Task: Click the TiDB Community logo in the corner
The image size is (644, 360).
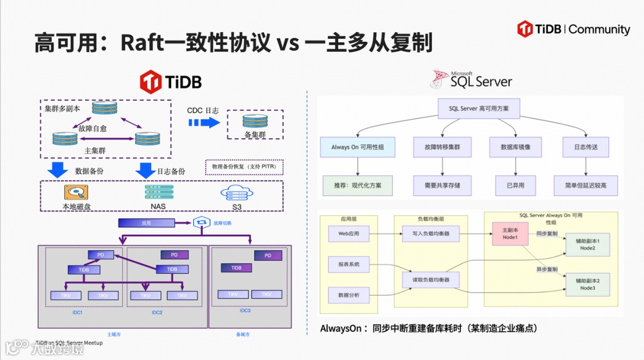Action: [x=573, y=29]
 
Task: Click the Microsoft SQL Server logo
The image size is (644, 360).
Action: [x=472, y=78]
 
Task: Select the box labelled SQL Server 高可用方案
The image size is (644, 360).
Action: [x=478, y=108]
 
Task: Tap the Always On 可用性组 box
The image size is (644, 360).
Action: [x=357, y=147]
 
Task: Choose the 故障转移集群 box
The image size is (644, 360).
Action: [x=442, y=147]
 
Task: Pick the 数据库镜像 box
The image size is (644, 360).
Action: [x=515, y=147]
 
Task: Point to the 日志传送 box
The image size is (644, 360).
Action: [x=586, y=147]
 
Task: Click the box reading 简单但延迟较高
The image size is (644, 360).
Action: [x=586, y=185]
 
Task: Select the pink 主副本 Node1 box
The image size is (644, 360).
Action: [x=509, y=233]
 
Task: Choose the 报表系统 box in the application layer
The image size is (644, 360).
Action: [x=348, y=264]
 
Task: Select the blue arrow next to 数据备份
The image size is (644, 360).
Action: [x=58, y=170]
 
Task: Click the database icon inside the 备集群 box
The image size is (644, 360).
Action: [x=255, y=120]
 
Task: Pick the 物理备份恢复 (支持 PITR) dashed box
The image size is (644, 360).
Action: [x=244, y=167]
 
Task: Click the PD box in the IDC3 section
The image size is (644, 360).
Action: [x=268, y=256]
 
